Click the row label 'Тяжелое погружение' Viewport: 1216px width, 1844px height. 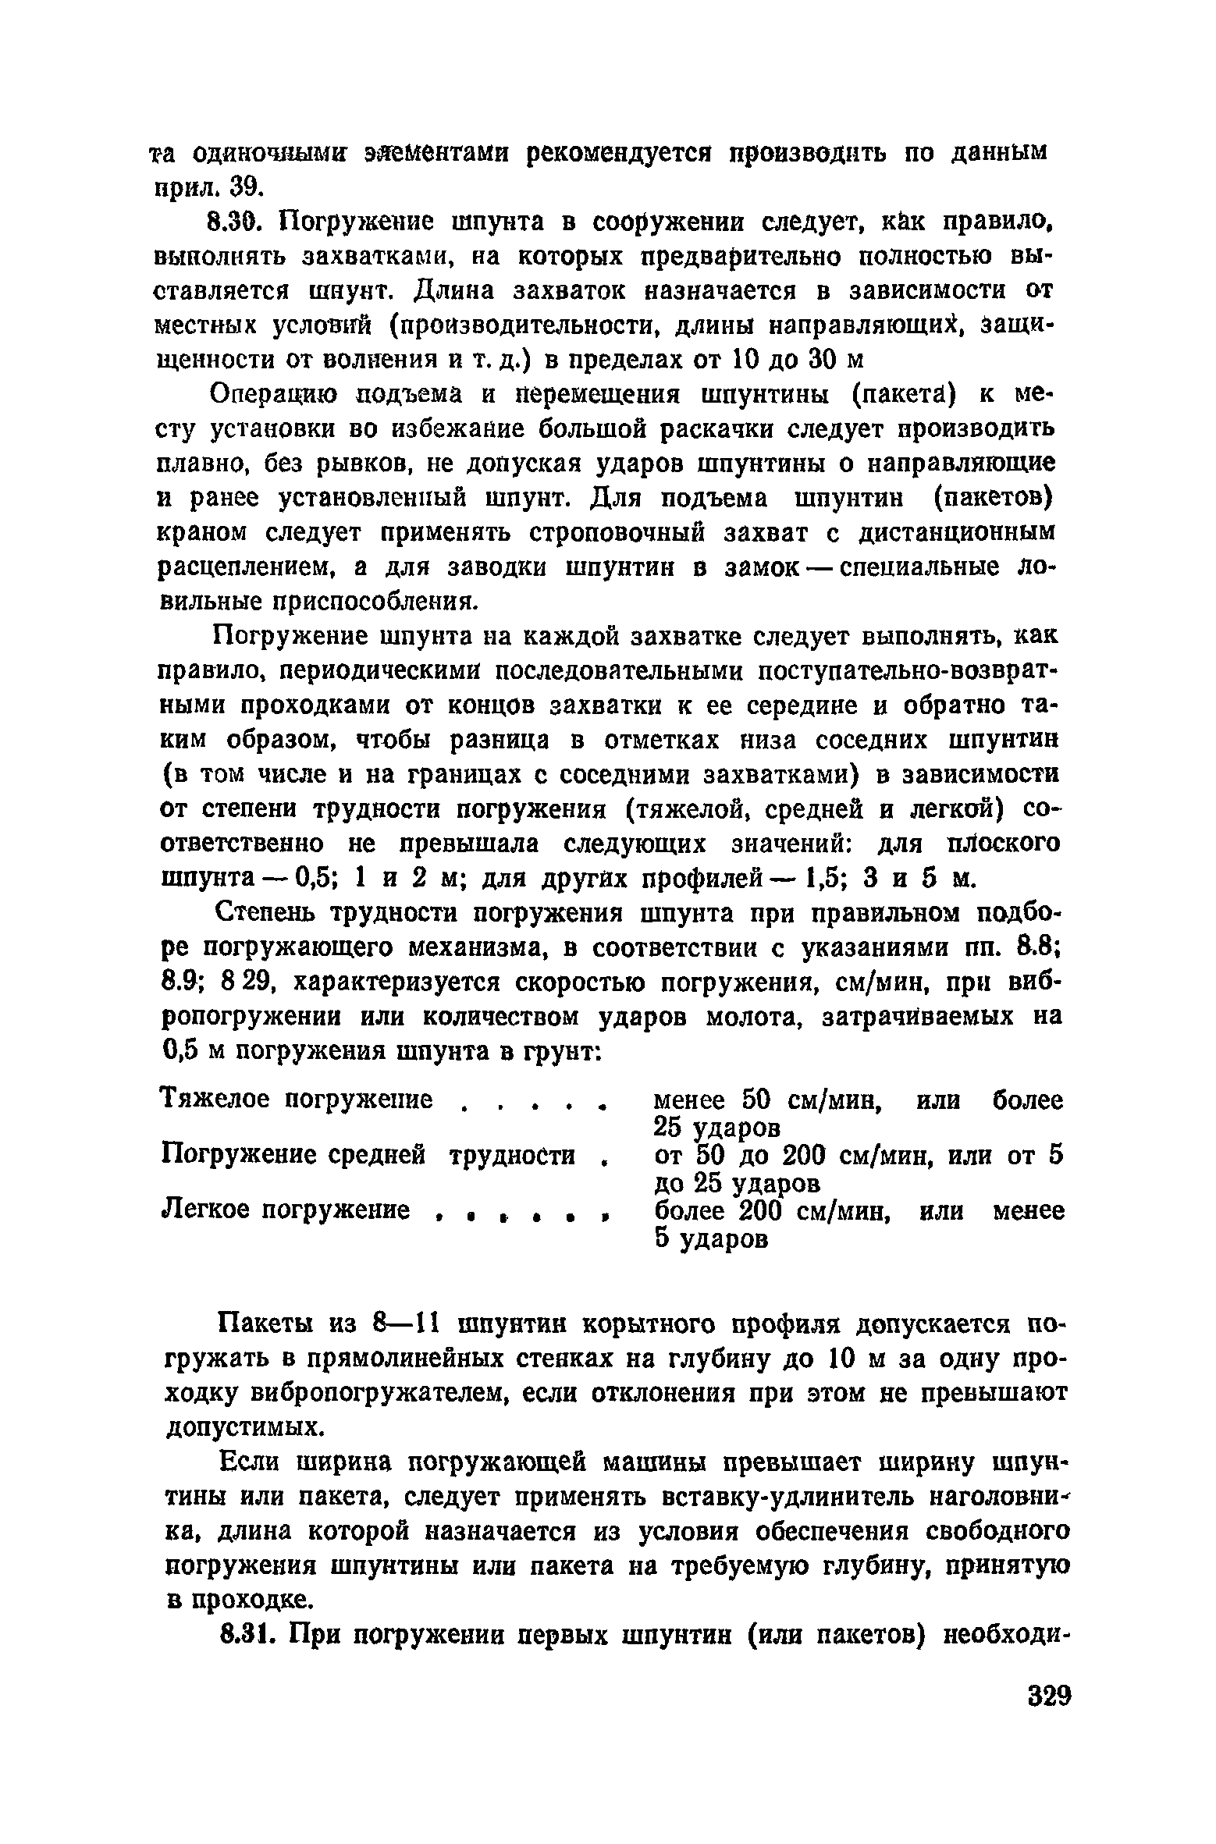pyautogui.click(x=296, y=1100)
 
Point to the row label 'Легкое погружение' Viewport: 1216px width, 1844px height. pyautogui.click(x=285, y=1210)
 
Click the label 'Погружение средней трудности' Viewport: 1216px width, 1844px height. pyautogui.click(x=368, y=1155)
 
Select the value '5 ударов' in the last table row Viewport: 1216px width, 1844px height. pyautogui.click(x=712, y=1238)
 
